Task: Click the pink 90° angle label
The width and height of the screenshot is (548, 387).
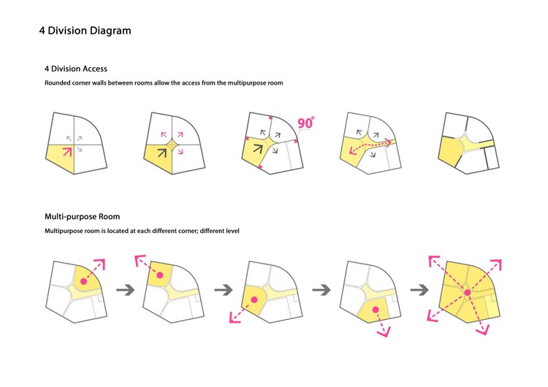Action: [x=306, y=123]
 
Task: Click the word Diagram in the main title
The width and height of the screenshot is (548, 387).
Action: [x=110, y=31]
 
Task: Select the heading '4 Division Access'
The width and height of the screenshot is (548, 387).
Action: [x=76, y=69]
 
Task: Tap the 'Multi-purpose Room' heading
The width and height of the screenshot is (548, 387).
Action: [x=82, y=217]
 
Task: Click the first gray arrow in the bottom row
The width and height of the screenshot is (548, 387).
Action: [x=126, y=290]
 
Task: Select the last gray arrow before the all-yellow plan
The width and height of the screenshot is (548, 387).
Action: [x=419, y=290]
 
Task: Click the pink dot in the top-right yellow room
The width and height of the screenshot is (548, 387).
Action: [x=83, y=281]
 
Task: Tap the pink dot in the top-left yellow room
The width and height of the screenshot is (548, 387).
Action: [x=160, y=275]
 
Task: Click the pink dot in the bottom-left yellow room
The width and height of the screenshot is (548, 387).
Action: [x=254, y=299]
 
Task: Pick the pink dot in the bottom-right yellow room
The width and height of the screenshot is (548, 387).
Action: [x=376, y=310]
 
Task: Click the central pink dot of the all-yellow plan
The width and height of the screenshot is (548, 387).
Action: [x=468, y=293]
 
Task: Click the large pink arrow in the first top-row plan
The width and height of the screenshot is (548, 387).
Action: [x=67, y=152]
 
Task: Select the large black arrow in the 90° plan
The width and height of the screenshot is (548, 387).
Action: [x=257, y=149]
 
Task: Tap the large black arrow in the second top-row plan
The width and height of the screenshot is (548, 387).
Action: [x=161, y=153]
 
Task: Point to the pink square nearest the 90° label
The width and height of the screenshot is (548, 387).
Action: [x=296, y=141]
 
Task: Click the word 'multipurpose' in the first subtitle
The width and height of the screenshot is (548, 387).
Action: [x=247, y=83]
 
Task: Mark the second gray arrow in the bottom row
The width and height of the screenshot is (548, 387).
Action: [x=224, y=290]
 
